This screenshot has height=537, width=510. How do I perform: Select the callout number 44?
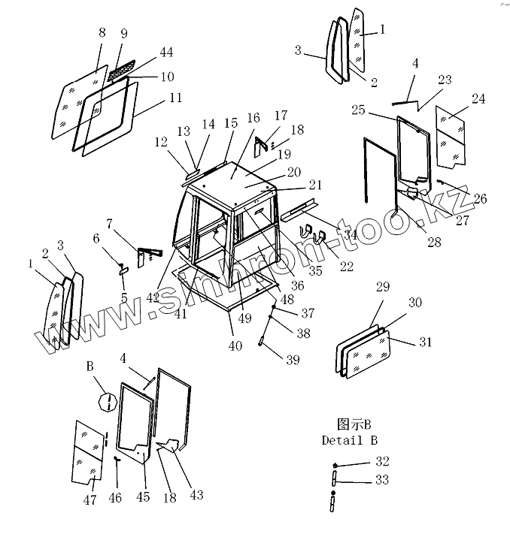[166, 52]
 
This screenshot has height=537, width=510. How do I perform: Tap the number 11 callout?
[175, 98]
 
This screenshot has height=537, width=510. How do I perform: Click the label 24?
[479, 99]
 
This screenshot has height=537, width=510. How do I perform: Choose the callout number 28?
[433, 242]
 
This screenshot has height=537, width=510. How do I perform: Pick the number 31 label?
[426, 342]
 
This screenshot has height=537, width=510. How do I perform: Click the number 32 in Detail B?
[383, 460]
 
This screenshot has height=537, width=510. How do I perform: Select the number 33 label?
[383, 481]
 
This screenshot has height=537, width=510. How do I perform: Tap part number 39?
[292, 360]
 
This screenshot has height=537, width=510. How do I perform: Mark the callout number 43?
[196, 495]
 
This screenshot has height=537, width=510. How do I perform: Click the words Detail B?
[349, 440]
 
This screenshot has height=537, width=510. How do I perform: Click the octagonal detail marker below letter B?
[107, 403]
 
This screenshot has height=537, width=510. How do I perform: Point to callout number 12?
[162, 140]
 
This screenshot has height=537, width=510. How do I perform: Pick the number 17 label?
[281, 116]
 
